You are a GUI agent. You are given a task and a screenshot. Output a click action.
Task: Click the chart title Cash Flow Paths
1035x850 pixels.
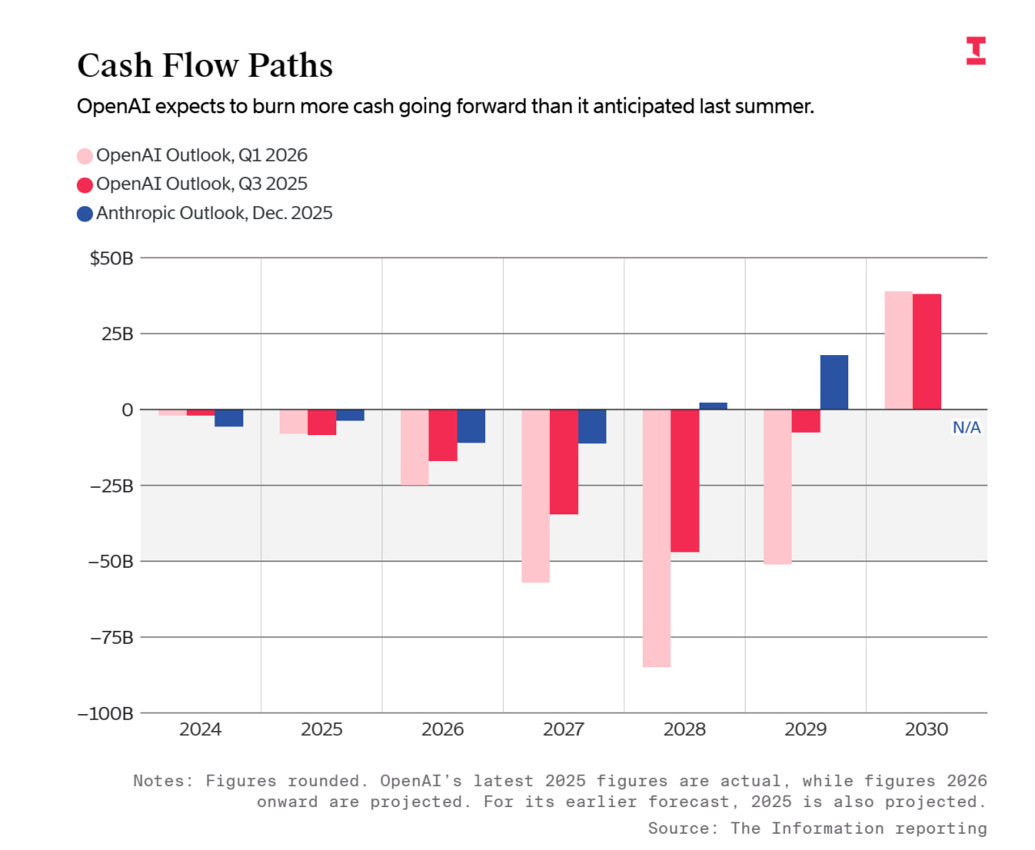(x=205, y=66)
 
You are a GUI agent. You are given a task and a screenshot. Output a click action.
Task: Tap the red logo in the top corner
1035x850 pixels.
(x=976, y=50)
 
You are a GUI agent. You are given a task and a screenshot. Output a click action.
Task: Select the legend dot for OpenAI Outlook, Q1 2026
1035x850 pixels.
(x=85, y=156)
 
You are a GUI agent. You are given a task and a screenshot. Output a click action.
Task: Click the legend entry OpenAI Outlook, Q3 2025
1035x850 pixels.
(x=201, y=184)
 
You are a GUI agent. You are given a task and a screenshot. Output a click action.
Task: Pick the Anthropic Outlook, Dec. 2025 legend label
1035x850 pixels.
(x=214, y=214)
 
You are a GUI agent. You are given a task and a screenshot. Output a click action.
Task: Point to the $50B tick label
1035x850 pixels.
(x=112, y=259)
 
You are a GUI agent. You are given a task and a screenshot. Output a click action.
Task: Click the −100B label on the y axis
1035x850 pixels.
(x=106, y=713)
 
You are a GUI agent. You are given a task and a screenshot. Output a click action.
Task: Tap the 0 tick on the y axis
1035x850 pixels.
(x=127, y=410)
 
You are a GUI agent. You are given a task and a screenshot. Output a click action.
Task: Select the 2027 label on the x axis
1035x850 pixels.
(x=564, y=729)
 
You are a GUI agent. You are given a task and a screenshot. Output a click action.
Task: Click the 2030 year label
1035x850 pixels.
(x=927, y=729)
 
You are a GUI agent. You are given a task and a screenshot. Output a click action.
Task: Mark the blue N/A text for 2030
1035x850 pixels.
(x=966, y=428)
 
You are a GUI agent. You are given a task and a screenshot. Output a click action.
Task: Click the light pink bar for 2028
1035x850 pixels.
(x=657, y=538)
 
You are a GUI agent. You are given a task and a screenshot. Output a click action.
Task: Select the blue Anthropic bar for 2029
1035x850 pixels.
(x=834, y=382)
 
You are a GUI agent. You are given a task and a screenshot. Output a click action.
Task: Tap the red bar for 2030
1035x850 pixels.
(x=927, y=352)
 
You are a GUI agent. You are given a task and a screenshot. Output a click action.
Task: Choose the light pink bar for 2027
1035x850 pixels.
(x=535, y=496)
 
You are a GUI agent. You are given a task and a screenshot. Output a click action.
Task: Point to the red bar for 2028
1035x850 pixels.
(x=685, y=481)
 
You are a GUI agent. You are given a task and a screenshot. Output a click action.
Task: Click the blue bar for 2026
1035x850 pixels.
(x=471, y=426)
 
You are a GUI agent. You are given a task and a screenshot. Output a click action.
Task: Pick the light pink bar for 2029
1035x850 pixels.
(x=777, y=487)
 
